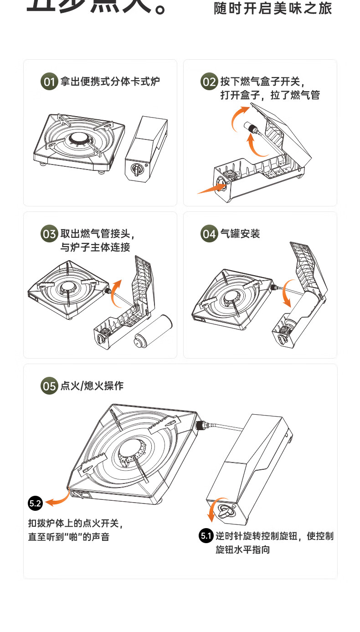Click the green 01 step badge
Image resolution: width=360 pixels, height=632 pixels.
pyautogui.click(x=49, y=82)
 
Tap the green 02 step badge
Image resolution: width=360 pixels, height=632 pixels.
pyautogui.click(x=209, y=82)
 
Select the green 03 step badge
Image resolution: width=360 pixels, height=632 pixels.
pyautogui.click(x=49, y=234)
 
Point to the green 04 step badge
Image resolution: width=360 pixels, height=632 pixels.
pyautogui.click(x=209, y=234)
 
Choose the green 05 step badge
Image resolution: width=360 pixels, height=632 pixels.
pyautogui.click(x=49, y=386)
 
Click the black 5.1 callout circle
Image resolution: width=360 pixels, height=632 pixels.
pyautogui.click(x=206, y=536)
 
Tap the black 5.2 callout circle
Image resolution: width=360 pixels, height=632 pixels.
pyautogui.click(x=35, y=504)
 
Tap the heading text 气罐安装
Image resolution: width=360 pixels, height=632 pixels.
pyautogui.click(x=240, y=234)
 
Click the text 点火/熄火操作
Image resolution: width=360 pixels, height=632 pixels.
pyautogui.click(x=92, y=386)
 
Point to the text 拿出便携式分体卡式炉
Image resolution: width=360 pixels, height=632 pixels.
pyautogui.click(x=110, y=82)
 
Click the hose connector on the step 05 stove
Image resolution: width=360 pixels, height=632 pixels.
pyautogui.click(x=201, y=426)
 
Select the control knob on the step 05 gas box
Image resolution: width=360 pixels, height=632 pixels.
pyautogui.click(x=225, y=513)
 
